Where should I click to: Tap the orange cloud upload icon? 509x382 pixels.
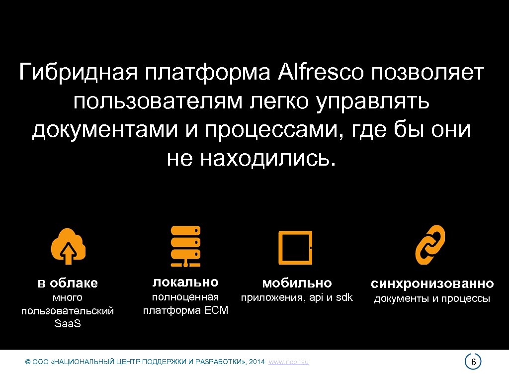click(68, 246)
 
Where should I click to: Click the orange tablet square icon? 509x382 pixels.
click(295, 247)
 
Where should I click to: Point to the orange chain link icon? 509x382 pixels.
click(430, 245)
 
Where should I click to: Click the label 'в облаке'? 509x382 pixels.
click(68, 284)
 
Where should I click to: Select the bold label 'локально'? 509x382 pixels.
click(185, 282)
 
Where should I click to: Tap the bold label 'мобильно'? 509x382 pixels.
click(297, 283)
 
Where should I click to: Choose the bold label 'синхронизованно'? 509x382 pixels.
click(432, 284)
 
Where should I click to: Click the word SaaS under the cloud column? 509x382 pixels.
click(68, 324)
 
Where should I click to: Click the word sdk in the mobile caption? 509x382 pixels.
click(343, 297)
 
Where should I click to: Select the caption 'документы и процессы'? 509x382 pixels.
click(432, 298)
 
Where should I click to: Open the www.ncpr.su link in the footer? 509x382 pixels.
click(288, 362)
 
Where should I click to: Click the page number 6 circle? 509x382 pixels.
click(473, 362)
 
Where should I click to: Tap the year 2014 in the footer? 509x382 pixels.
click(256, 362)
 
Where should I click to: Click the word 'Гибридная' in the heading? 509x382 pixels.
click(78, 73)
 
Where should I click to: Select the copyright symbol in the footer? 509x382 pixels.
click(27, 362)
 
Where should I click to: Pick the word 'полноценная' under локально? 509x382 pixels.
click(185, 297)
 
